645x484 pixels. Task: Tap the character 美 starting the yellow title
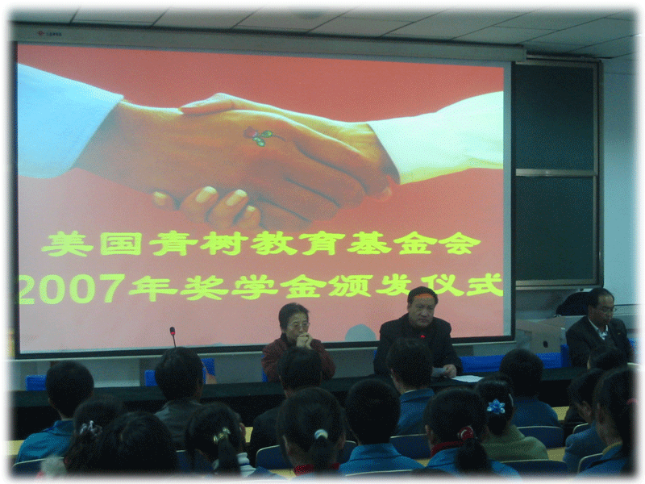pyautogui.click(x=67, y=244)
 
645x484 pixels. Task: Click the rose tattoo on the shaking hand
pyautogui.click(x=260, y=136)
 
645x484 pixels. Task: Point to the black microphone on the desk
pyautogui.click(x=173, y=336)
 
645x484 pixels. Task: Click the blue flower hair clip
pyautogui.click(x=496, y=407)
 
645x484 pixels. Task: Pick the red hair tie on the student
pyautogui.click(x=466, y=432)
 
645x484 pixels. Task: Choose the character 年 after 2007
pyautogui.click(x=153, y=287)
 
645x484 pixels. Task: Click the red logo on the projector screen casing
pyautogui.click(x=41, y=33)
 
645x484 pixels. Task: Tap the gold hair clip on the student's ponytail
pyautogui.click(x=221, y=435)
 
